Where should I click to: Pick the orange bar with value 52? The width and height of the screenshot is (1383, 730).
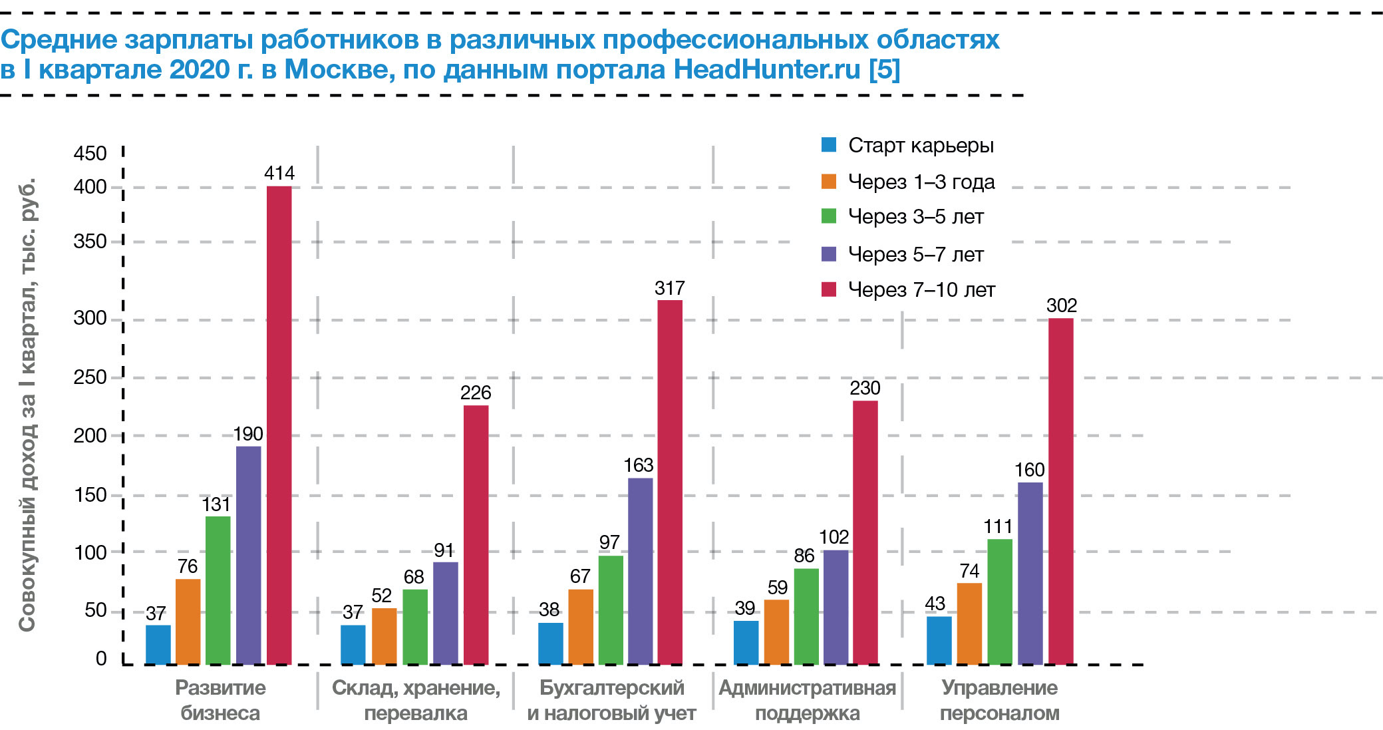pyautogui.click(x=384, y=636)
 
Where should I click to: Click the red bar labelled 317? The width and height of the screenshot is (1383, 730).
pyautogui.click(x=669, y=482)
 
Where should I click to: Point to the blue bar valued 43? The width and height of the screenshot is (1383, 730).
pyautogui.click(x=939, y=639)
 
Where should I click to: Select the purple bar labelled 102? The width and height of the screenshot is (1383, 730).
pyautogui.click(x=836, y=606)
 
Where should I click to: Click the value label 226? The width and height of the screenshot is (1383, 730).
pyautogui.click(x=475, y=393)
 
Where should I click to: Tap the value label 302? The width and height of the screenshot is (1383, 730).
pyautogui.click(x=1061, y=305)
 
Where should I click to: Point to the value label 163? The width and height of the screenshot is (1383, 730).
pyautogui.click(x=638, y=465)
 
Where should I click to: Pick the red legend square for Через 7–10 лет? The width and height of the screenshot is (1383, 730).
pyautogui.click(x=829, y=289)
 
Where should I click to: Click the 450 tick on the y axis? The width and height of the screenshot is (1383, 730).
pyautogui.click(x=90, y=153)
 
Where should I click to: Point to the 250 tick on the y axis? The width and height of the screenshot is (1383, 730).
pyautogui.click(x=90, y=377)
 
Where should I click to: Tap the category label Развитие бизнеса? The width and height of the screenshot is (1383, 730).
pyautogui.click(x=220, y=700)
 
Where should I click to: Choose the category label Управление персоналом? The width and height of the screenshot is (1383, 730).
pyautogui.click(x=999, y=700)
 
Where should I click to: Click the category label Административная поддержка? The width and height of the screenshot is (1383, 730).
pyautogui.click(x=807, y=700)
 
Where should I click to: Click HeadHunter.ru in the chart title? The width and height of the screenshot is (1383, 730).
pyautogui.click(x=767, y=69)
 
